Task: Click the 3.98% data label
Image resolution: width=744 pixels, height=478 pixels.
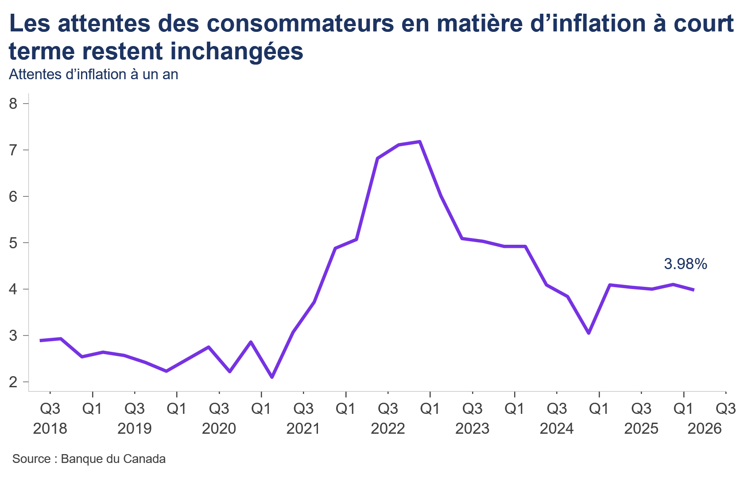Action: click(686, 264)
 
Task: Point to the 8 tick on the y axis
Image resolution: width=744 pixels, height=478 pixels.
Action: click(13, 104)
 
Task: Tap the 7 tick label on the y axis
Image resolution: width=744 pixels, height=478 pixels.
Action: click(13, 150)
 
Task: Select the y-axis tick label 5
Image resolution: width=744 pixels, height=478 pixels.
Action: click(13, 243)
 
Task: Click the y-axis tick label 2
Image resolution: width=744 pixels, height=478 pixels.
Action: click(13, 382)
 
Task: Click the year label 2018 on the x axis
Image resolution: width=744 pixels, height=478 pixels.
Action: click(50, 428)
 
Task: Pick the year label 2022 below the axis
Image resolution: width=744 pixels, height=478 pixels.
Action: click(388, 428)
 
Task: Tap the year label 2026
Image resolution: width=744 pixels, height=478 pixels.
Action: click(705, 428)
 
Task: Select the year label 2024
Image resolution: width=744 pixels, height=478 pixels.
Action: click(557, 428)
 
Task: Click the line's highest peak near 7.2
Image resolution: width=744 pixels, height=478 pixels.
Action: click(420, 142)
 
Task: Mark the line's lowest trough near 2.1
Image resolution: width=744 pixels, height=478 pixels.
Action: click(272, 377)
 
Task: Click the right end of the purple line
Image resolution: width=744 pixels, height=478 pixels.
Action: click(694, 290)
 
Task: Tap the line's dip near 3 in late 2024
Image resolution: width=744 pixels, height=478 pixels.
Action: click(589, 333)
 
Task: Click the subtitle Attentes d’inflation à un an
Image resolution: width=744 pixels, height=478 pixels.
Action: click(93, 75)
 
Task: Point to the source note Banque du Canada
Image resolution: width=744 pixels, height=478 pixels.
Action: click(113, 459)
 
